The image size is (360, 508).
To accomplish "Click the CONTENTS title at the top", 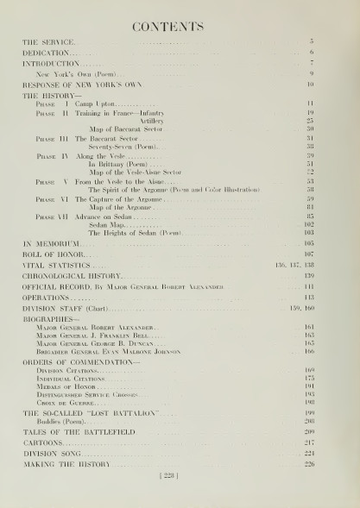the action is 179,27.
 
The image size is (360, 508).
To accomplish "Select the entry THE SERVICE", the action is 47,41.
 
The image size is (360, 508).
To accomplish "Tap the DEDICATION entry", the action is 47,53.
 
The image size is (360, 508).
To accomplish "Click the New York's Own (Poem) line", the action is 71,75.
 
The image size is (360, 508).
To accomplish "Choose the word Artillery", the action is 126,121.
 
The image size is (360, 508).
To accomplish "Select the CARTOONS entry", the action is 42,442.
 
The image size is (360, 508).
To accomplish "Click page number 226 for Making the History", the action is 309,463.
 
